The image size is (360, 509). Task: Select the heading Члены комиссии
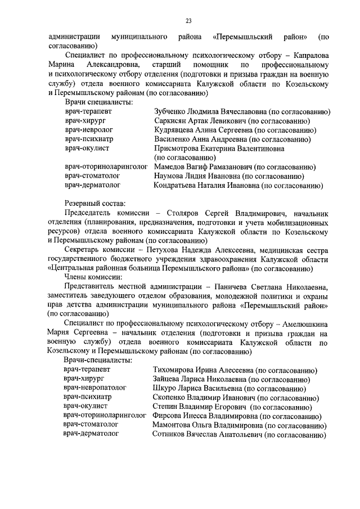(x=93, y=277)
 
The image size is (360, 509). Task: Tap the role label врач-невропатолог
(x=95, y=388)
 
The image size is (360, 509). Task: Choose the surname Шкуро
(x=165, y=388)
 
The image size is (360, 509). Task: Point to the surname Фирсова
(x=169, y=416)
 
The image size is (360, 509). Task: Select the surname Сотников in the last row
(x=173, y=434)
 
